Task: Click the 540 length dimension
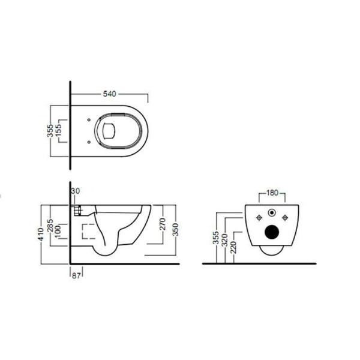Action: coord(109,95)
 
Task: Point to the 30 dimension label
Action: coord(75,191)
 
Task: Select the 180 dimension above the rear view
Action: coord(272,193)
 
